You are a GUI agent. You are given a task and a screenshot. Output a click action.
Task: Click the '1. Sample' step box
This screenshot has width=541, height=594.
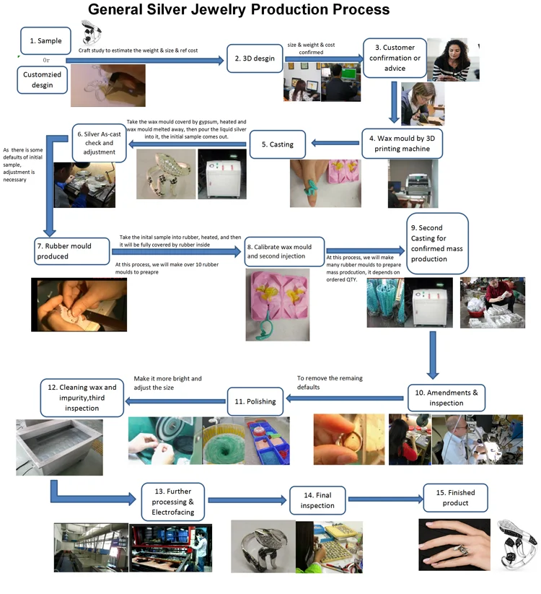[x=45, y=42]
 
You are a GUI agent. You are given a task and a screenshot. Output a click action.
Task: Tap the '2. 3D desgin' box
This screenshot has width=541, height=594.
[x=254, y=58]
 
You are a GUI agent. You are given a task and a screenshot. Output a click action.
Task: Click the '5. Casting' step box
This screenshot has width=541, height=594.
[x=281, y=144]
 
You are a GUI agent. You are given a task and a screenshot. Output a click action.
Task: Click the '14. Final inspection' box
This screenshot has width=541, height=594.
[x=317, y=500]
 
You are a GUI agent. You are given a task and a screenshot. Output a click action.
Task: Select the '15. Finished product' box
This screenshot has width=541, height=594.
[x=455, y=498]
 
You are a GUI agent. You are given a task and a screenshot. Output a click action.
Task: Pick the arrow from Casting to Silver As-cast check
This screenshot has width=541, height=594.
[x=187, y=147]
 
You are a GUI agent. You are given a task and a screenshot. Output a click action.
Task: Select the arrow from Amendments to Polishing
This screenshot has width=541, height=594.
[x=346, y=397]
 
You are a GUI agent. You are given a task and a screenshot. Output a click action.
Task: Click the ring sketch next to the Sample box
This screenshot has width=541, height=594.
[x=92, y=32]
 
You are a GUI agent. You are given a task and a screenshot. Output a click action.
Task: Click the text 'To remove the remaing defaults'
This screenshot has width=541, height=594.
[x=330, y=383]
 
